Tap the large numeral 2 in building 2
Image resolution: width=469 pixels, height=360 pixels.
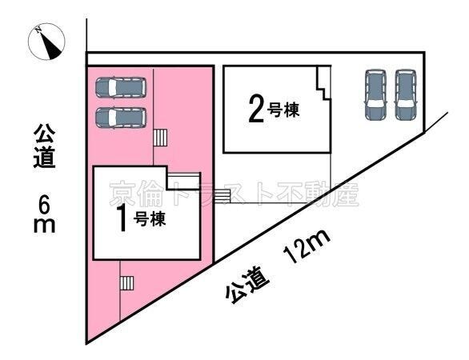point(255,109)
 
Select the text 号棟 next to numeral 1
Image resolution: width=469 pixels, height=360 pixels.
point(149,219)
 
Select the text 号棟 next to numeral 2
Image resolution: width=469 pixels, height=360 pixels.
point(284,110)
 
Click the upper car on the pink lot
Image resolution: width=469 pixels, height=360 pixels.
point(121,87)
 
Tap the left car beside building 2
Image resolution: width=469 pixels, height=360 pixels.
point(375,94)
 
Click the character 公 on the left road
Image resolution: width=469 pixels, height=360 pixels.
point(45,130)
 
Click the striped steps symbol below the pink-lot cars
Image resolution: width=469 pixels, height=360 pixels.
point(160,138)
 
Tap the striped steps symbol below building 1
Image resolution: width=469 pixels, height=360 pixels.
point(126,282)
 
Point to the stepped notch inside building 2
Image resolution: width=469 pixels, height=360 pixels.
point(322,85)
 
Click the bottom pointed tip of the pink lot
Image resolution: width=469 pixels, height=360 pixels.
point(87,340)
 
